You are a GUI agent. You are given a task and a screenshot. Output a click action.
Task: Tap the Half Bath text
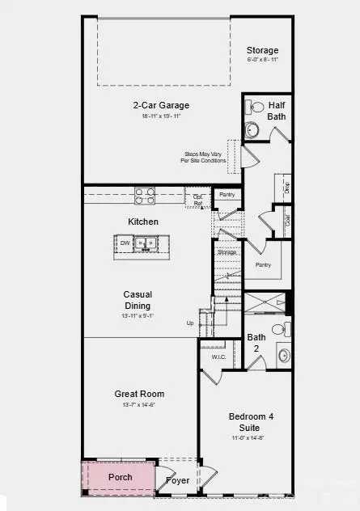pyautogui.click(x=277, y=109)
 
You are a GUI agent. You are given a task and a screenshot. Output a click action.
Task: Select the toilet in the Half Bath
pyautogui.click(x=255, y=107)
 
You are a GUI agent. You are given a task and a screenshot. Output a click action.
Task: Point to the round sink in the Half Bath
pyautogui.click(x=252, y=129)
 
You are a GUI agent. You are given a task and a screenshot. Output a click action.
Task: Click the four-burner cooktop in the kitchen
pyautogui.click(x=146, y=195)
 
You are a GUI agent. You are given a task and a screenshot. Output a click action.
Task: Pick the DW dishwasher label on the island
pyautogui.click(x=125, y=243)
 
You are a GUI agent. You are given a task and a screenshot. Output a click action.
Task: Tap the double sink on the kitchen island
pyautogui.click(x=147, y=243)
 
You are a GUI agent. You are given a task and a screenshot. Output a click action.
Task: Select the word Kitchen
pyautogui.click(x=142, y=222)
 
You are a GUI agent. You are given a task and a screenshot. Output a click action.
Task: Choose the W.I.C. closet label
pyautogui.click(x=218, y=356)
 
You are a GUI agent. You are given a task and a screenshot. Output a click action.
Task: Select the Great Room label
pyautogui.click(x=140, y=395)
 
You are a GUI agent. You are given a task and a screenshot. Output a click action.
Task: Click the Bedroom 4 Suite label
pyautogui.click(x=251, y=421)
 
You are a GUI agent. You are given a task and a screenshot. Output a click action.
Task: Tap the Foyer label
pyautogui.click(x=178, y=479)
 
